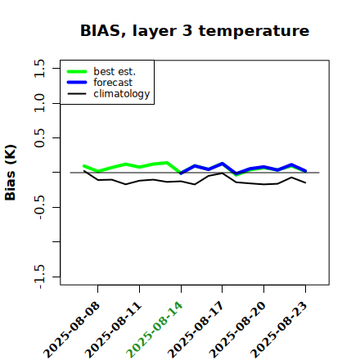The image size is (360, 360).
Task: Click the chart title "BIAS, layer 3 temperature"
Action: pos(195,30)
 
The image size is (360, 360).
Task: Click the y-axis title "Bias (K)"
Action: pos(11,173)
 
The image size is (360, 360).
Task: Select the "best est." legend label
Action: pos(115,71)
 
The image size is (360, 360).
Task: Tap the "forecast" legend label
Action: pos(113,83)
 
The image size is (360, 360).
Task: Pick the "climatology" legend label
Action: pos(122,94)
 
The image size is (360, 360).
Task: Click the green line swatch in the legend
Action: pos(77,72)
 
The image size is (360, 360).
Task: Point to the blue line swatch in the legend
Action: pos(77,83)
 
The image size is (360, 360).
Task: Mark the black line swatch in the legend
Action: pos(77,93)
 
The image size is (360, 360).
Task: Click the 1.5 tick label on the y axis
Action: pos(39,68)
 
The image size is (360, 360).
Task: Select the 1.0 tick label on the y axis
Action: pos(39,103)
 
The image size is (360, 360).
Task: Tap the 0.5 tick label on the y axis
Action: pos(39,138)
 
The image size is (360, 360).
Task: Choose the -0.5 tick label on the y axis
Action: pos(39,207)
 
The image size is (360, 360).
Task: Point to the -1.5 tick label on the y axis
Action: pos(39,277)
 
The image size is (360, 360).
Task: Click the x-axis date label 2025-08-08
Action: pos(72,331)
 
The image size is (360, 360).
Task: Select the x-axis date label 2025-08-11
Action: pos(114,331)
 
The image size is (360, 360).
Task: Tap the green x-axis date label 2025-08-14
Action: pos(155,331)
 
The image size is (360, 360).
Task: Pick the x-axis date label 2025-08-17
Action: pos(196,331)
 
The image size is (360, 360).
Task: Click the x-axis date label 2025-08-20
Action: pos(237,331)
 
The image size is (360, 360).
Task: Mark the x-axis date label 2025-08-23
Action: pos(279,331)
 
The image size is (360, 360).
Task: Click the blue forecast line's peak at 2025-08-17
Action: pos(223,164)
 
